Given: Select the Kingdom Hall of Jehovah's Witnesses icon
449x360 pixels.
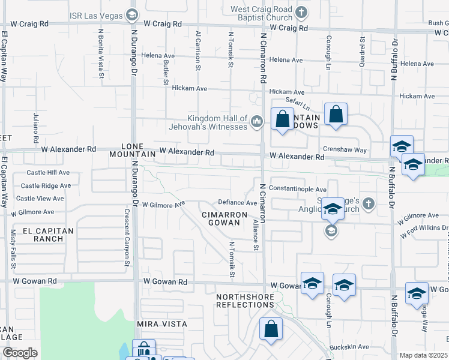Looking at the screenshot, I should (x=257, y=122).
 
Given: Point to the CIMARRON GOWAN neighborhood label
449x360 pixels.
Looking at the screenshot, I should (x=224, y=218).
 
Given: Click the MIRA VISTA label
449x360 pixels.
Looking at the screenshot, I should (x=162, y=324).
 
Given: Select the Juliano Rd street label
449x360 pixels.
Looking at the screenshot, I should (x=36, y=128).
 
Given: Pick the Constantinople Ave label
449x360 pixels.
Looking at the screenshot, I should (x=297, y=188).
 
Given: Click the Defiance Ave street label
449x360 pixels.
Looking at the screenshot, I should (x=237, y=203).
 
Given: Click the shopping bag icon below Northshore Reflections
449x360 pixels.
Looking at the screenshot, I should (x=271, y=329).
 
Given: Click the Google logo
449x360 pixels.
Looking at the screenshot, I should (x=20, y=353).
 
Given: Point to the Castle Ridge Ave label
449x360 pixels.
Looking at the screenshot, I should (x=41, y=186).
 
